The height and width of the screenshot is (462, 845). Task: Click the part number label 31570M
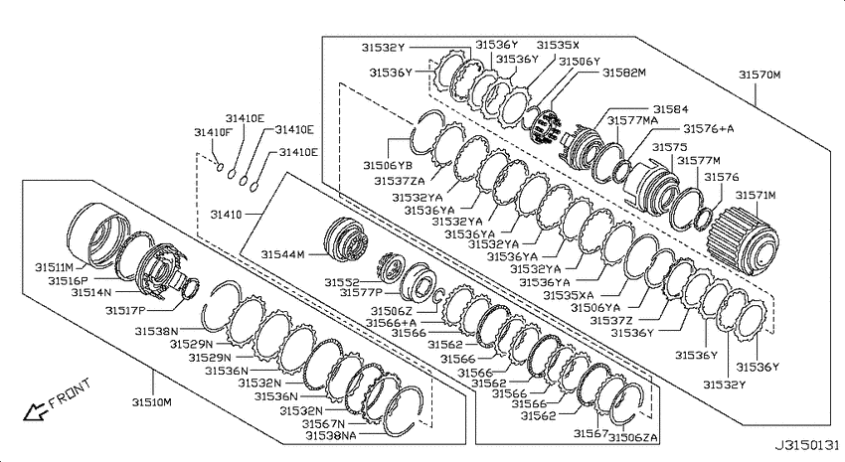pos(759,75)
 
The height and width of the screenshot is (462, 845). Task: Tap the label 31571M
pos(756,195)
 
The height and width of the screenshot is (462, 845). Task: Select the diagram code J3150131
pos(807,445)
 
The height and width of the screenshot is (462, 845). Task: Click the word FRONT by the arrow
pos(70,393)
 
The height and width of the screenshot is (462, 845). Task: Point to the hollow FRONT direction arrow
pos(35,412)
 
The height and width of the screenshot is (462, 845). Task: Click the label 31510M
pos(152,401)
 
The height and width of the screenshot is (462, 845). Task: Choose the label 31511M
pos(54,267)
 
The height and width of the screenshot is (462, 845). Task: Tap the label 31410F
pos(214,132)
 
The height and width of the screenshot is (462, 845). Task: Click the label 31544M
pos(283,254)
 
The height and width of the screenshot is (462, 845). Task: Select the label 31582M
pos(624,73)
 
